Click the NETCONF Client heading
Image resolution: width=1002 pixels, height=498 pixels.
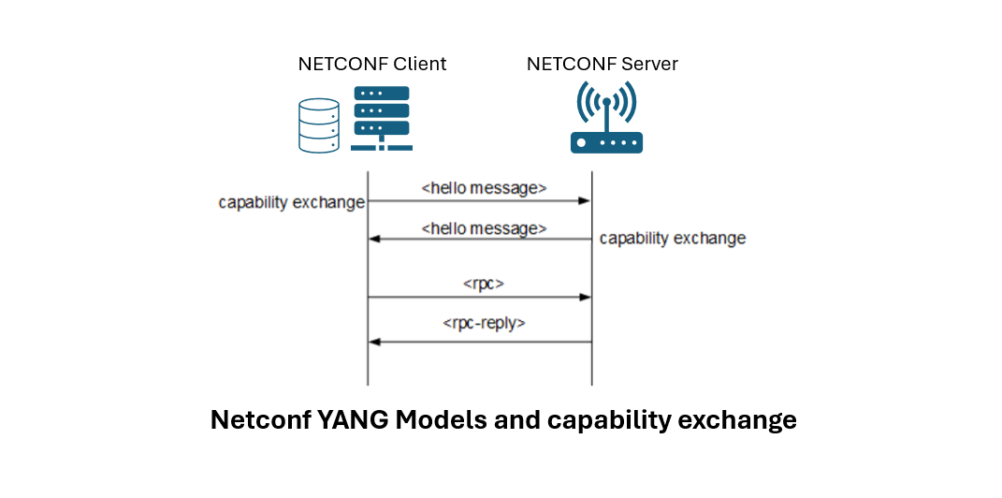coord(371,65)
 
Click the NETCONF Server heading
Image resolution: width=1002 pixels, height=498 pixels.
coord(602,65)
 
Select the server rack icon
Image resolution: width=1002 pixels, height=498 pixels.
coord(381,119)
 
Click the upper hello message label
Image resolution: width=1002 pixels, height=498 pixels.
coord(484,188)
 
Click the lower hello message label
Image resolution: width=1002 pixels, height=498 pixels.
coord(484,227)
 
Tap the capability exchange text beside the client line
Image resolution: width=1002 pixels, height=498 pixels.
coord(291,202)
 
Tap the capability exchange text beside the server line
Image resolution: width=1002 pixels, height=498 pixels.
coord(672,239)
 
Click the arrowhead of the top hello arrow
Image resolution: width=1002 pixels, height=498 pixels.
coord(585,200)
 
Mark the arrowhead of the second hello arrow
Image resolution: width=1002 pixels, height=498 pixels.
coord(374,240)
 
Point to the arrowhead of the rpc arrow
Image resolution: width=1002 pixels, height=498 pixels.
coord(585,297)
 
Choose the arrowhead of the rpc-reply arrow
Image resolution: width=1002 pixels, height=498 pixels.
coord(374,342)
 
